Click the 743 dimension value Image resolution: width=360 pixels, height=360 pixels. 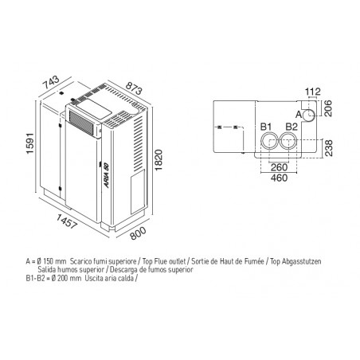[x=51, y=82]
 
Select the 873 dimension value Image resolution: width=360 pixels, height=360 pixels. [x=134, y=88]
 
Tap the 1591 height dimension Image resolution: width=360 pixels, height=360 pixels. [x=30, y=143]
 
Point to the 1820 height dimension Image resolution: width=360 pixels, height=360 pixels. [x=158, y=160]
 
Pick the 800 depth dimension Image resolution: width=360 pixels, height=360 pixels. [x=139, y=233]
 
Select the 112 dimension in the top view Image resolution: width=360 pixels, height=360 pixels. [x=313, y=92]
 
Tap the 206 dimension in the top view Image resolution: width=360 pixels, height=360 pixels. [x=328, y=108]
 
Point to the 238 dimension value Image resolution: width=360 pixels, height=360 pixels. [x=329, y=148]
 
